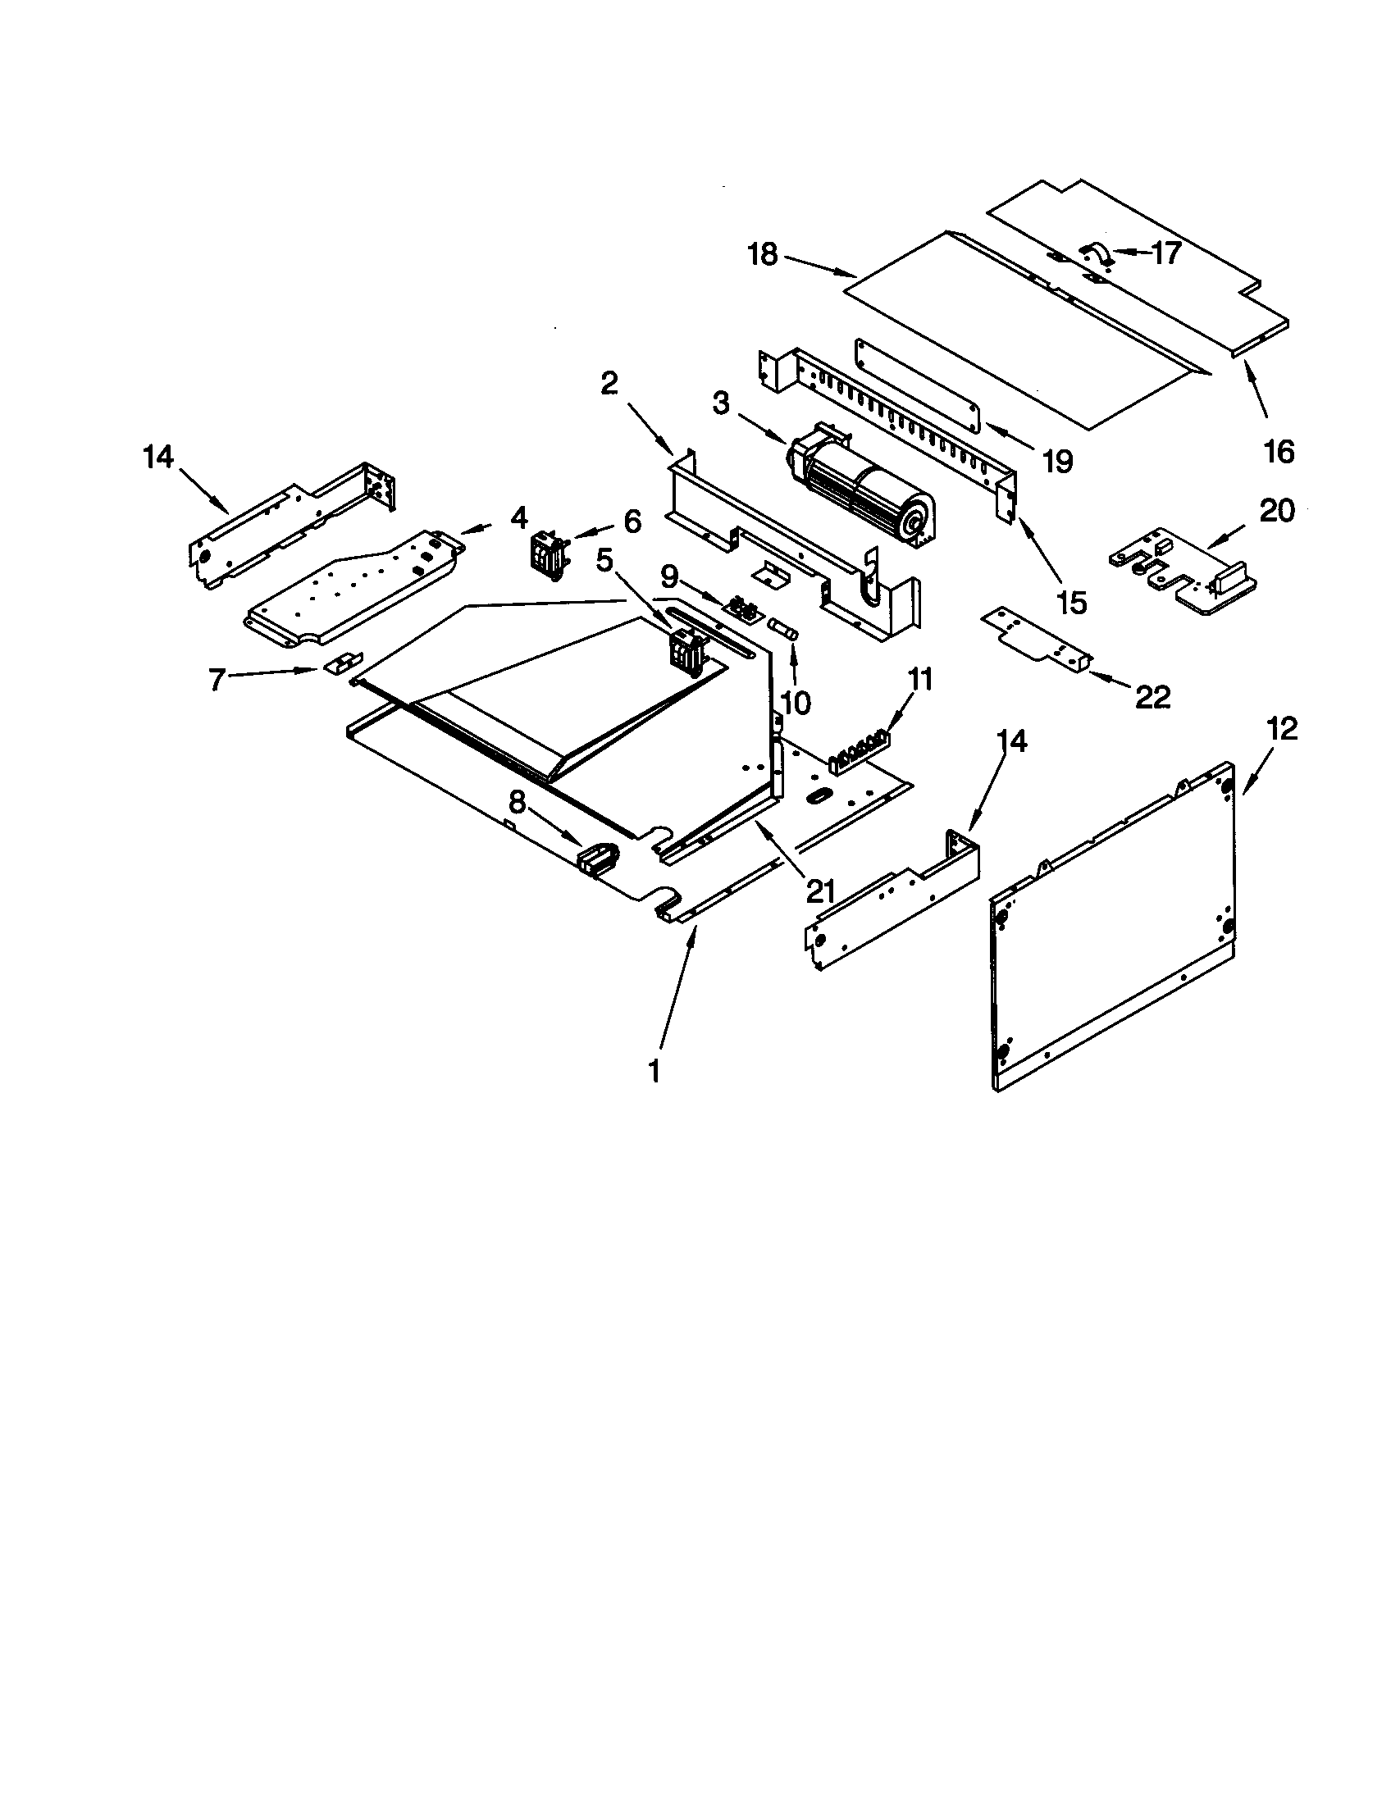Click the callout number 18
tap(763, 254)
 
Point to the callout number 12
tap(1280, 728)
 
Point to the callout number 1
tap(654, 1073)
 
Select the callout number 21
tap(819, 891)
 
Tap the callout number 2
tap(609, 383)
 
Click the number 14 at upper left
tap(158, 456)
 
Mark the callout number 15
tap(1071, 601)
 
